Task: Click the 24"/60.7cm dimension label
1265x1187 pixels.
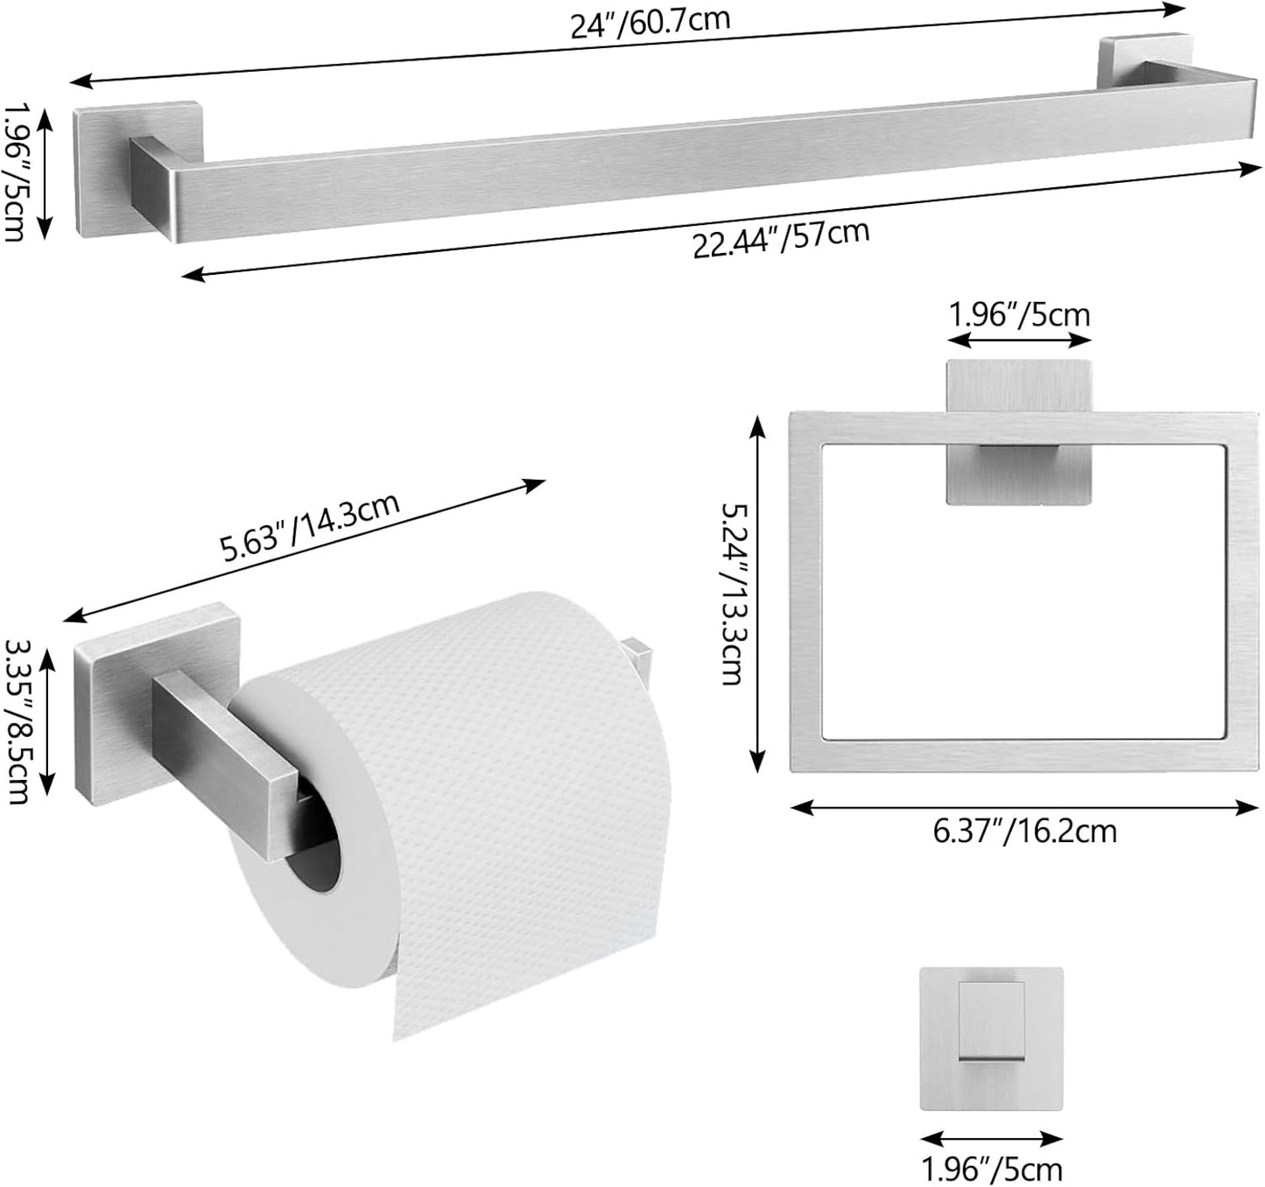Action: pyautogui.click(x=650, y=21)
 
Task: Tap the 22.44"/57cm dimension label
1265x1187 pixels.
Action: pyautogui.click(x=781, y=238)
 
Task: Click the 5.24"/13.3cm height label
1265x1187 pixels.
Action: pyautogui.click(x=733, y=593)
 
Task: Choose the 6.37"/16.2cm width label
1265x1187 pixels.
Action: pyautogui.click(x=1024, y=830)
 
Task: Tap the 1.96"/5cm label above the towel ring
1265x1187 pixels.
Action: pyautogui.click(x=1020, y=314)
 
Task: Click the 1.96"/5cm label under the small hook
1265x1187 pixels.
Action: pyautogui.click(x=992, y=1169)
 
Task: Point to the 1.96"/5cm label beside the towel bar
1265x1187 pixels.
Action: pyautogui.click(x=18, y=171)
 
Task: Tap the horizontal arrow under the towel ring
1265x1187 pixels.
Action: pyautogui.click(x=1024, y=808)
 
